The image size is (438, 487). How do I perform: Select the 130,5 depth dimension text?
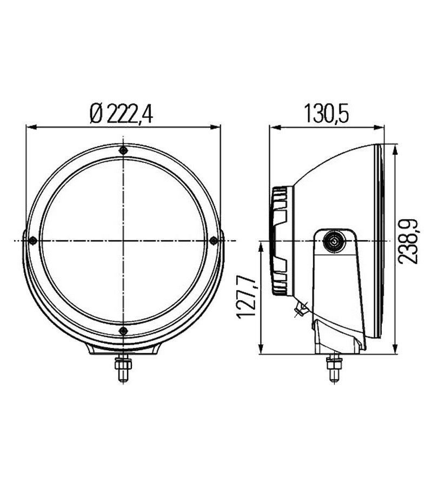pyautogui.click(x=327, y=114)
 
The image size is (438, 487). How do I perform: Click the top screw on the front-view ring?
pyautogui.click(x=123, y=150)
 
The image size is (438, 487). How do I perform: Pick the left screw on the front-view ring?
pyautogui.click(x=32, y=240)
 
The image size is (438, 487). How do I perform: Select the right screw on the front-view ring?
pyautogui.click(x=214, y=240)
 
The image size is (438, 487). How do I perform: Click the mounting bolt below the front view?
pyautogui.click(x=124, y=370)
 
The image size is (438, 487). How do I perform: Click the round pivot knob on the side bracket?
pyautogui.click(x=334, y=241)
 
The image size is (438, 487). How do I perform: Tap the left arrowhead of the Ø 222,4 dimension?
pyautogui.click(x=31, y=128)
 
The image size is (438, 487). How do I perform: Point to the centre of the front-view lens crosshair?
pyautogui.click(x=123, y=240)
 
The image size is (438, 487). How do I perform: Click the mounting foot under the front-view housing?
pyautogui.click(x=124, y=351)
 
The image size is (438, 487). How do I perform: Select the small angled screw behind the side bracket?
pyautogui.click(x=300, y=310)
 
